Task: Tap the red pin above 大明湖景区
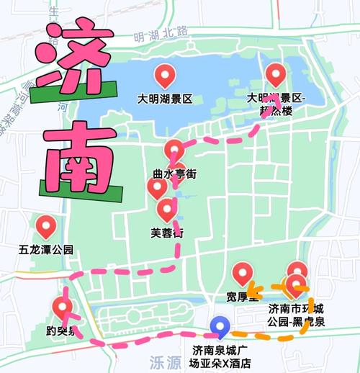pos(166,74)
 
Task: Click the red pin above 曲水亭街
pos(174,150)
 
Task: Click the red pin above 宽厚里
pos(243,273)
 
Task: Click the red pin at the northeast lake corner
pos(276,73)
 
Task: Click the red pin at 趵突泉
pos(62,308)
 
